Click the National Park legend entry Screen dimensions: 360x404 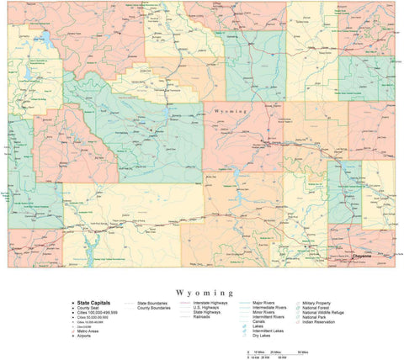coord(319,318)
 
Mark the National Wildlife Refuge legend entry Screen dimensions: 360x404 coord(328,313)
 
